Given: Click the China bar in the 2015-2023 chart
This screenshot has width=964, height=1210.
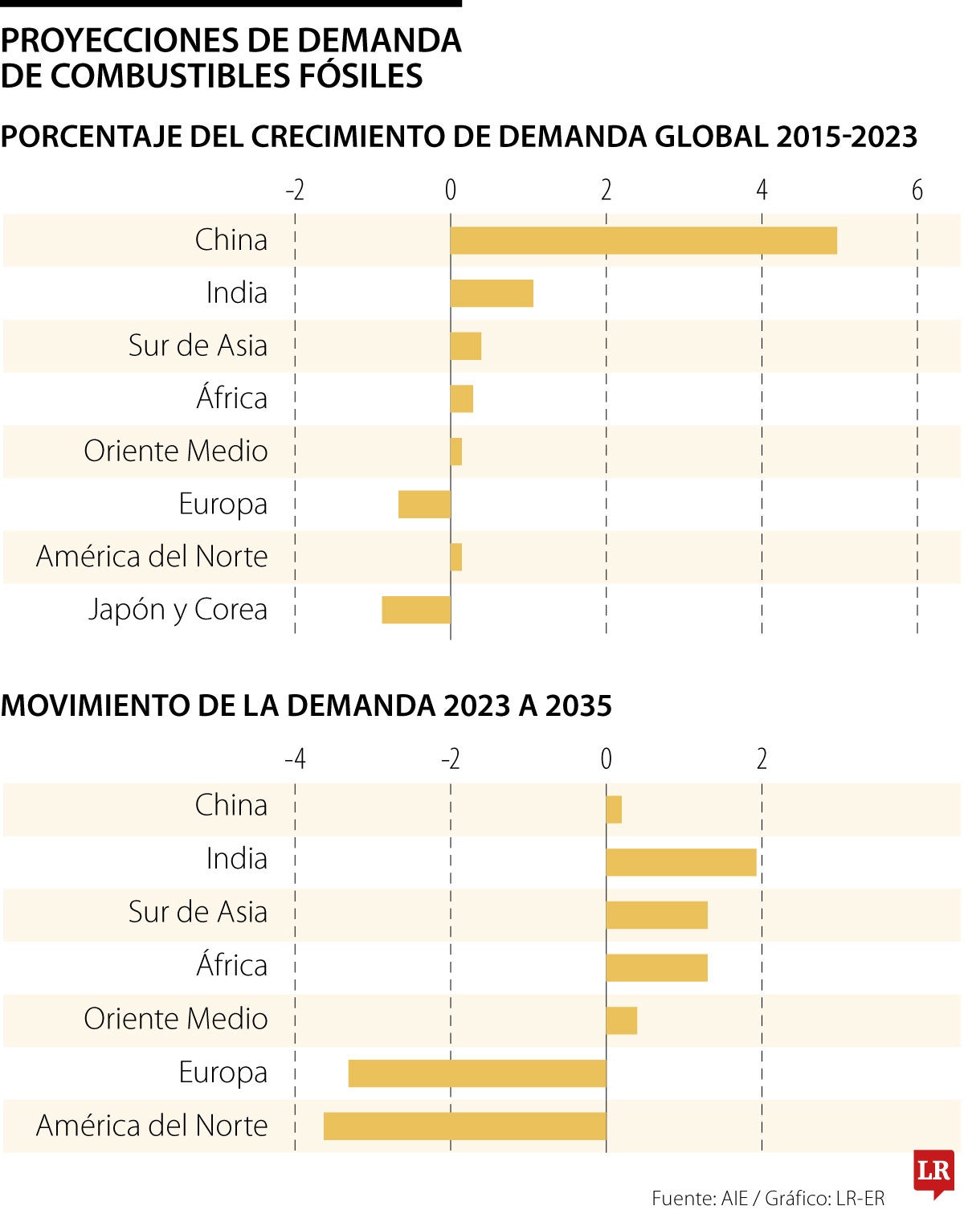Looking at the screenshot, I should coord(643,240).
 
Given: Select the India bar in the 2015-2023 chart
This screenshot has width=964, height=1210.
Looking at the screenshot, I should coord(492,293).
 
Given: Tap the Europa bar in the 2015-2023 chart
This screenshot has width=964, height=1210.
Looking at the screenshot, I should coord(424,504).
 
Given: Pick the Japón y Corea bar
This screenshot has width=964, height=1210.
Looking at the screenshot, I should coord(416,610).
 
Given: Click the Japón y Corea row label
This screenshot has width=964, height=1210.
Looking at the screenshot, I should coord(178,610).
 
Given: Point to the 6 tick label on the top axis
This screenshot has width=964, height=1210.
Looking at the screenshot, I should coord(917,190).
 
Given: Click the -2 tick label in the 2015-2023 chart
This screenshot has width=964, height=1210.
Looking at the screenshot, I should coord(295,190).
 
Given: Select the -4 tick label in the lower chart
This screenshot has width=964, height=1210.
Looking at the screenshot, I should coord(295,759).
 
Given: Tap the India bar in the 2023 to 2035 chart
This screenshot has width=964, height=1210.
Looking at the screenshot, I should coord(681,862).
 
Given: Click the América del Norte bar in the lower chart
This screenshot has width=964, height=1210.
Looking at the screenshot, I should coord(464,1126).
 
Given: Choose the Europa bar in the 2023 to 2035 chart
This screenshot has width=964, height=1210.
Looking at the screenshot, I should coord(477,1073).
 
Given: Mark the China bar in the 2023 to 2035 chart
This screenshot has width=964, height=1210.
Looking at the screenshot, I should coord(614,809).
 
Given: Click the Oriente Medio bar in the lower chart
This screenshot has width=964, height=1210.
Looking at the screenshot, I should coord(621,1020).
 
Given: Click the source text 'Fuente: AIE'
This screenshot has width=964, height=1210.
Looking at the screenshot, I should coord(699,1198).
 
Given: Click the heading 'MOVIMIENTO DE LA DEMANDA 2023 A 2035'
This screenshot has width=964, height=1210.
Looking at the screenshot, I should coord(306,705).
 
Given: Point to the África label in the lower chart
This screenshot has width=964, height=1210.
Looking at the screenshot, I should coord(231,965).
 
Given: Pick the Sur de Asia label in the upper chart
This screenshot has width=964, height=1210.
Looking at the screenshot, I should coord(198,345).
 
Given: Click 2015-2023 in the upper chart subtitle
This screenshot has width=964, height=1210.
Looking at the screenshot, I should coord(846,137).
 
